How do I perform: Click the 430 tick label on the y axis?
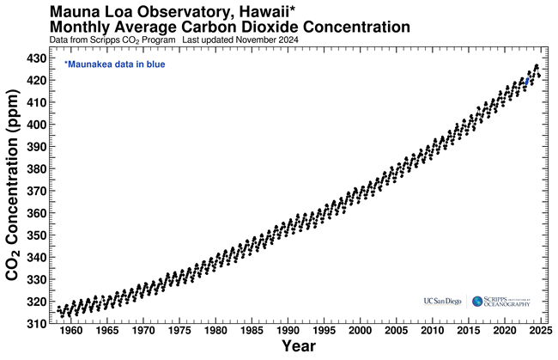(x=39, y=58)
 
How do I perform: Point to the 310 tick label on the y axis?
(x=39, y=324)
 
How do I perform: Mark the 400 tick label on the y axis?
(x=39, y=125)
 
